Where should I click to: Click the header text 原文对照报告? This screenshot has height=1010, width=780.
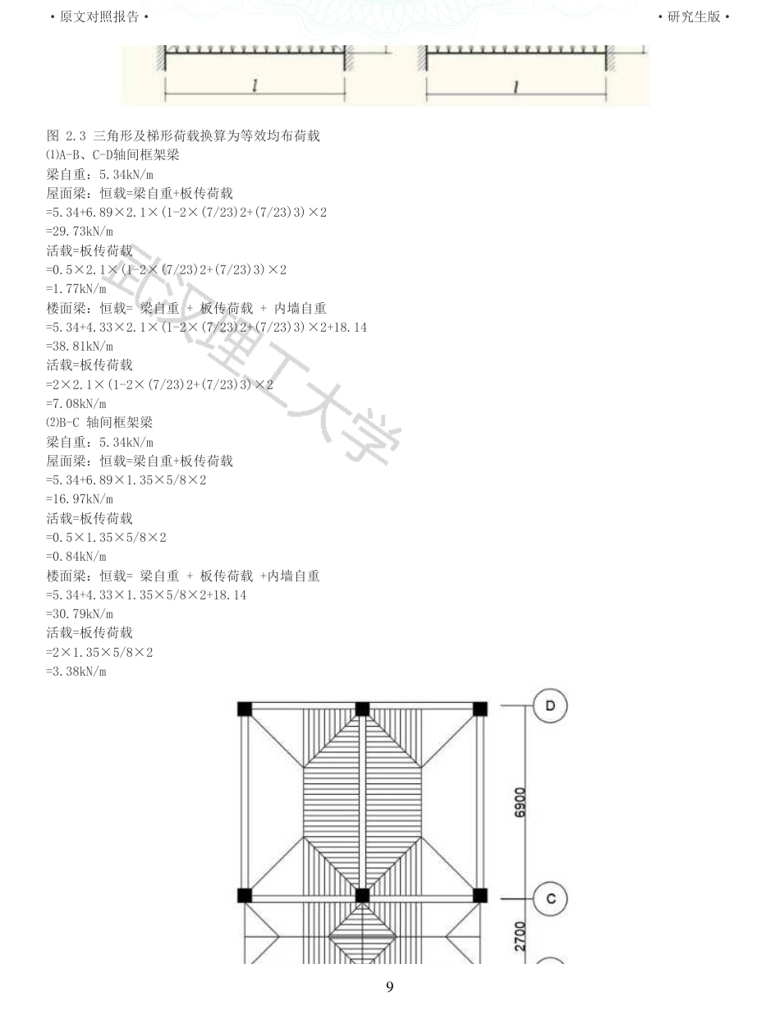point(99,16)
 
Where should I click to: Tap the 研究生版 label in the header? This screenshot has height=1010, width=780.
point(693,16)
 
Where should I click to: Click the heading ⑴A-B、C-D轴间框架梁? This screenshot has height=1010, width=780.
point(112,155)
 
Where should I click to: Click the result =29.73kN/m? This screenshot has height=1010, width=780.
point(80,232)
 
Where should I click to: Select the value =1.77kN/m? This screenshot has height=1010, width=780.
point(76,289)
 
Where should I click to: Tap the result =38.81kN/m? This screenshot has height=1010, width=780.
point(80,347)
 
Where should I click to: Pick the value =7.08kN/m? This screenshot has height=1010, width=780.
point(76,404)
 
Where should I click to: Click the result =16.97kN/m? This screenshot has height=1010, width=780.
point(80,499)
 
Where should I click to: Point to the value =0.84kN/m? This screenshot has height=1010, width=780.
point(76,557)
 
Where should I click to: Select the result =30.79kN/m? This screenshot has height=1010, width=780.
point(80,614)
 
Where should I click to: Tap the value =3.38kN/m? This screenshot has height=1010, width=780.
point(76,672)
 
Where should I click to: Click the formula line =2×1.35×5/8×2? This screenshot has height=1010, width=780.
point(99,653)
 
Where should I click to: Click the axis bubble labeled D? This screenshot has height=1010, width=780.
point(550,706)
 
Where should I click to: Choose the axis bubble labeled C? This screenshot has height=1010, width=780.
point(550,898)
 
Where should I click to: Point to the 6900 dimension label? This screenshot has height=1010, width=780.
point(520,802)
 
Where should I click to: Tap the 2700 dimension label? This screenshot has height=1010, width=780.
point(520,936)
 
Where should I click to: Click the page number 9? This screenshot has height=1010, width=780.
point(390,987)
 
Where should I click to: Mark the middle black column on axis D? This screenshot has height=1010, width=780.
point(362,709)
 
